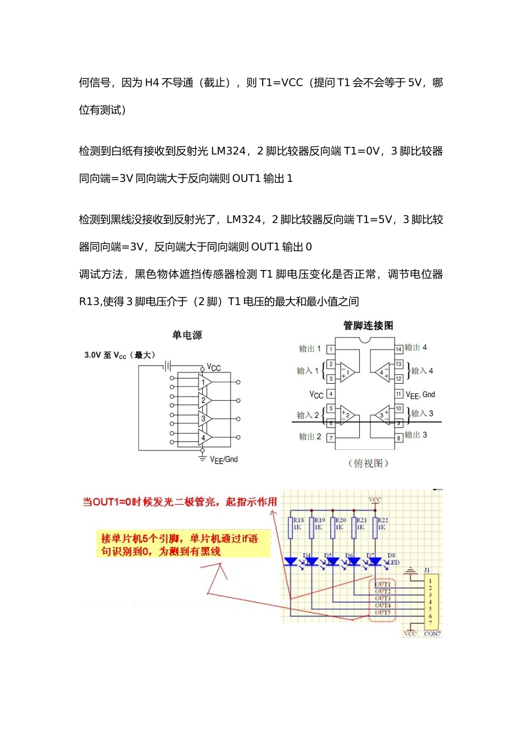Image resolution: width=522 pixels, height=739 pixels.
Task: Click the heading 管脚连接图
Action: pos(368,326)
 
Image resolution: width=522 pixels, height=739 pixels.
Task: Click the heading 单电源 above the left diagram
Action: pos(187,335)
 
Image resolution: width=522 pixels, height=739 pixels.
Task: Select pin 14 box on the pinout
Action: pos(399,349)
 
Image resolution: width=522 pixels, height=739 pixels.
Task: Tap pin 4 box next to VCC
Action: pos(331,394)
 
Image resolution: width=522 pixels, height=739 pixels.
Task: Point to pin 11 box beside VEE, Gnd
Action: pos(399,394)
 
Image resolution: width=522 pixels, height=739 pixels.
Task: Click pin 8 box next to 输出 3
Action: pos(399,438)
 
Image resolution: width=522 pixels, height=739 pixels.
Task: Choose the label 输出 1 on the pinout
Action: pos(310,349)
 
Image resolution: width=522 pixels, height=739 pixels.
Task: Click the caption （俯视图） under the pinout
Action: pos(368,464)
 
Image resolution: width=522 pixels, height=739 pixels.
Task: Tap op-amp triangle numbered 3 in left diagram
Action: pos(204,419)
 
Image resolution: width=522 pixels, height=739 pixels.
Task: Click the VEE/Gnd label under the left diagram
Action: pos(224,460)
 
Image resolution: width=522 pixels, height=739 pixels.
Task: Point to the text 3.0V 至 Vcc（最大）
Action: pos(120,355)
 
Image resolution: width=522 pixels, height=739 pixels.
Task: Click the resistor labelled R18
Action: pos(291,527)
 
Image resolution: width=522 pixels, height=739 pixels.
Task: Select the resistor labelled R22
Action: pos(376,527)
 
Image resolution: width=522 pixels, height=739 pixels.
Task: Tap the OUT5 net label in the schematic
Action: pos(383,613)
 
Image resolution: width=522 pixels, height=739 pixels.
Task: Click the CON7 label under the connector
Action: pos(432,634)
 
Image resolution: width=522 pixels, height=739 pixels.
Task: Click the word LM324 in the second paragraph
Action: pos(228,151)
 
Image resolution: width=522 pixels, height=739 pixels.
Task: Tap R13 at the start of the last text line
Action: pos(90,301)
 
